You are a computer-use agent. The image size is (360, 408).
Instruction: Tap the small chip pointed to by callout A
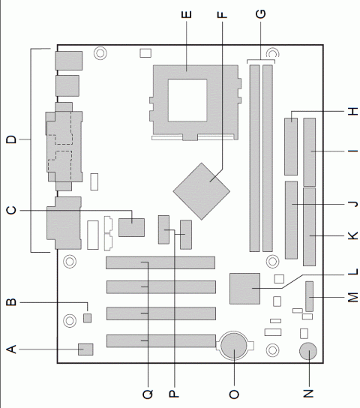pyautogui.click(x=85, y=349)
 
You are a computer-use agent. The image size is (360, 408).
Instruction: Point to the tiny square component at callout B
pyautogui.click(x=87, y=319)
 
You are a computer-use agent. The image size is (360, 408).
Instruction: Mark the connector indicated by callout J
pyautogui.click(x=292, y=218)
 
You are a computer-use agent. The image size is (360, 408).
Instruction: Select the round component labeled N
pyautogui.click(x=308, y=352)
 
